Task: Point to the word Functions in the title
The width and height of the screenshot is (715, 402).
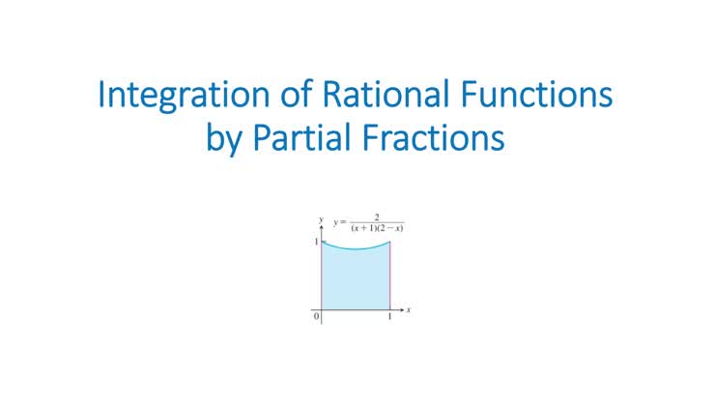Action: click(x=540, y=98)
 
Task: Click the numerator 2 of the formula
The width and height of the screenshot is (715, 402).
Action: click(x=375, y=217)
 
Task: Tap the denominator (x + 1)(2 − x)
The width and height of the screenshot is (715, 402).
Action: click(x=375, y=228)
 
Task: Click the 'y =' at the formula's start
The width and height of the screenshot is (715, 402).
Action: click(x=340, y=222)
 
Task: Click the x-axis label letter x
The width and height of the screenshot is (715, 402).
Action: click(x=410, y=310)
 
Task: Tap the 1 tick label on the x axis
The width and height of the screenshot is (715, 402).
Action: click(x=390, y=319)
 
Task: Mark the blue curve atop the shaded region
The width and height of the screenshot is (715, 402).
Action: click(x=356, y=248)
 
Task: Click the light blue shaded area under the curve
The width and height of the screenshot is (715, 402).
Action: click(x=356, y=280)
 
